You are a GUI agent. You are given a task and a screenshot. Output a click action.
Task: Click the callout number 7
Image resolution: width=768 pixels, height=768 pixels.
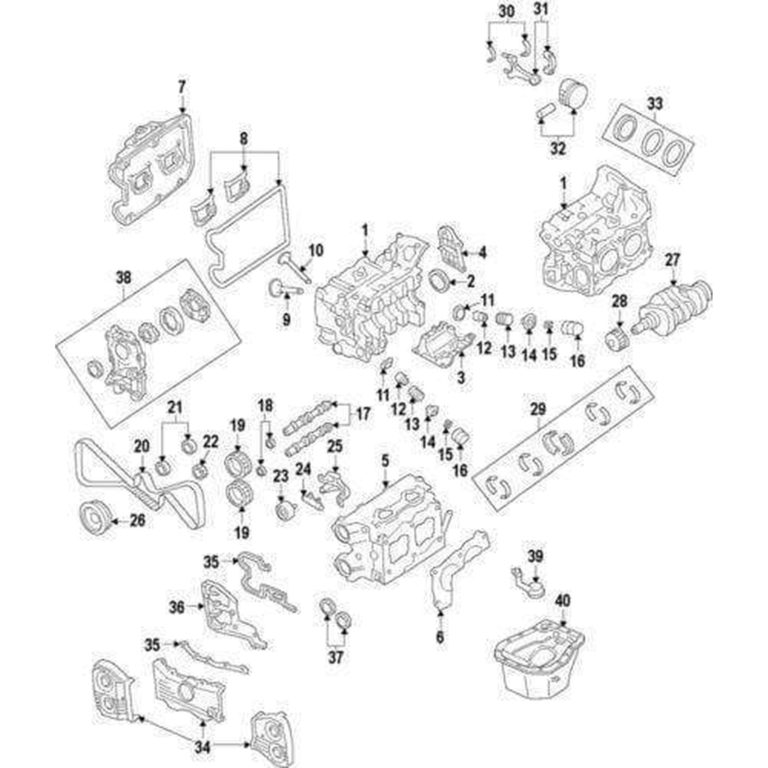pos(181,86)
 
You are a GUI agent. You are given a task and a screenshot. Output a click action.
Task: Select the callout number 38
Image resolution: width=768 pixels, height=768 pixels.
pos(123,278)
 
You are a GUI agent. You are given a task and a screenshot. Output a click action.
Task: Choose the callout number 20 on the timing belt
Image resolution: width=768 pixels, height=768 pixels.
pos(142,446)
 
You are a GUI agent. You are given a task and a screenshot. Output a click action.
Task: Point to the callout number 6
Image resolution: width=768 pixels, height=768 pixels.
pos(439,648)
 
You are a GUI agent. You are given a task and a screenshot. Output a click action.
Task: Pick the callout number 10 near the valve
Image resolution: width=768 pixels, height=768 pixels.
pos(316,250)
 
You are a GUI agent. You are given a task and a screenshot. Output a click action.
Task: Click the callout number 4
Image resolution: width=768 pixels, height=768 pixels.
pos(482,252)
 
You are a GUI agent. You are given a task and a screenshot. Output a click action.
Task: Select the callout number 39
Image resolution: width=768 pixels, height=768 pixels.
pos(535,557)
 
